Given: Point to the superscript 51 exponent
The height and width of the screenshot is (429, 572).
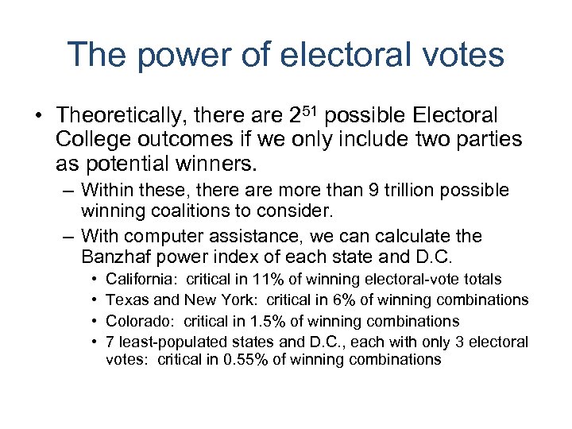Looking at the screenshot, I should click(311, 110).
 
